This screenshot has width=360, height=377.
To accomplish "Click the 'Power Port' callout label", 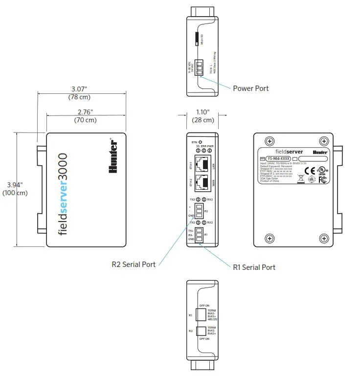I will click(250, 89).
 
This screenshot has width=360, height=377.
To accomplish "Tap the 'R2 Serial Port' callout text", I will click(134, 265).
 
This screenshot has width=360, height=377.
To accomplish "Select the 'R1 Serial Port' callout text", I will click(254, 267).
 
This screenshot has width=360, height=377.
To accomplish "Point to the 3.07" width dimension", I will click(79, 89).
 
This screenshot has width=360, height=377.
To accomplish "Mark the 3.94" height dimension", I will click(15, 184).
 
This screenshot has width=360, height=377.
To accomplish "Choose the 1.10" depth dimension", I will click(202, 112).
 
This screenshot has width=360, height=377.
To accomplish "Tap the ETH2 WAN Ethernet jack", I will click(203, 183).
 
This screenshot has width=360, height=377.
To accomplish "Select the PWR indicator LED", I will click(209, 151).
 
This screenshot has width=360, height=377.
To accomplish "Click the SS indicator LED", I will click(198, 151).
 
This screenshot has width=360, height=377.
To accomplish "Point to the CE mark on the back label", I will click(309, 171).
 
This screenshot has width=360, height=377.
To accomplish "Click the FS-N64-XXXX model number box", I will click(278, 159).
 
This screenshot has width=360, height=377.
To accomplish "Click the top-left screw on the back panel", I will click(269, 141).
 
